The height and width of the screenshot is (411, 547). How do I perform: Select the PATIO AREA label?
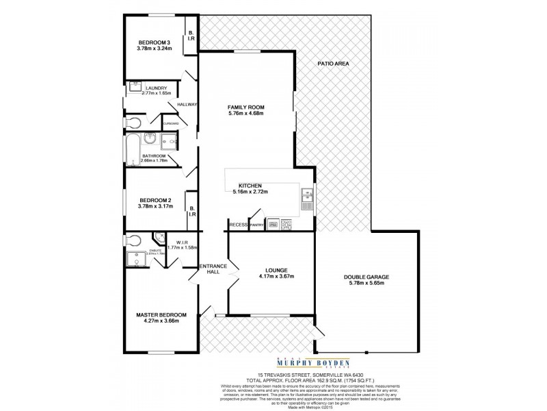(334, 64)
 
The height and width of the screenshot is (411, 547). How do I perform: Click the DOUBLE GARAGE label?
(366, 277)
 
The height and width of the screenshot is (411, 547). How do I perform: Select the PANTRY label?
(257, 224)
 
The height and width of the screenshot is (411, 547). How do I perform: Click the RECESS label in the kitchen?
(238, 224)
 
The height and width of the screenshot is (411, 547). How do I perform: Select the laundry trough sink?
(131, 88)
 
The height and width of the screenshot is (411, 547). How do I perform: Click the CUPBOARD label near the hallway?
(171, 123)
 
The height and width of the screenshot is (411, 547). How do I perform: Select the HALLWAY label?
(187, 104)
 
